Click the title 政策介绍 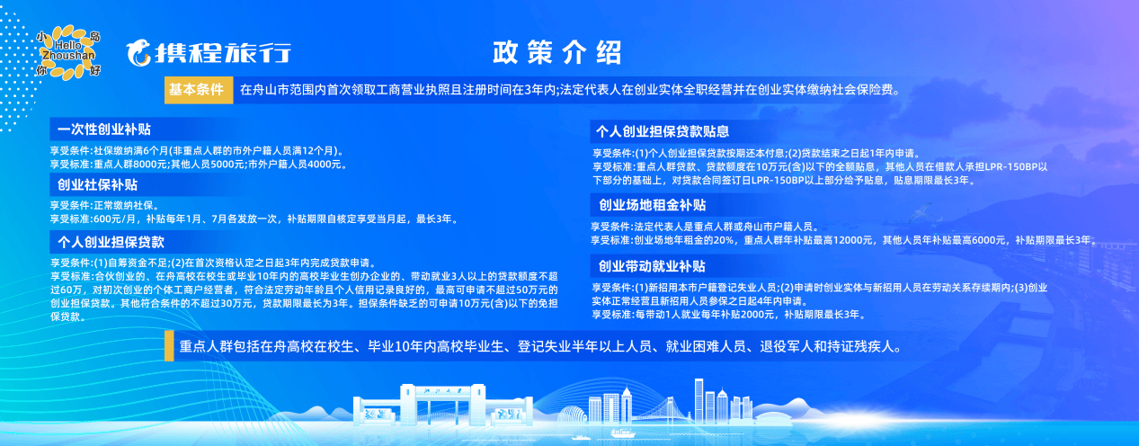pos(556,52)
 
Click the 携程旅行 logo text pos(223,53)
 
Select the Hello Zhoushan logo pos(68,53)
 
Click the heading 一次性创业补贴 pos(104,129)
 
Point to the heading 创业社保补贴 pos(98,184)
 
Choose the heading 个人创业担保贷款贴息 pos(663,131)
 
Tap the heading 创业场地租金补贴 pos(653,205)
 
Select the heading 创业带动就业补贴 pos(652,266)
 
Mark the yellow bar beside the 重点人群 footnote pos(169,346)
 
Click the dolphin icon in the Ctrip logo pos(138,53)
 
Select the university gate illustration pos(442,405)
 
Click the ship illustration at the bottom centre pos(623,433)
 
